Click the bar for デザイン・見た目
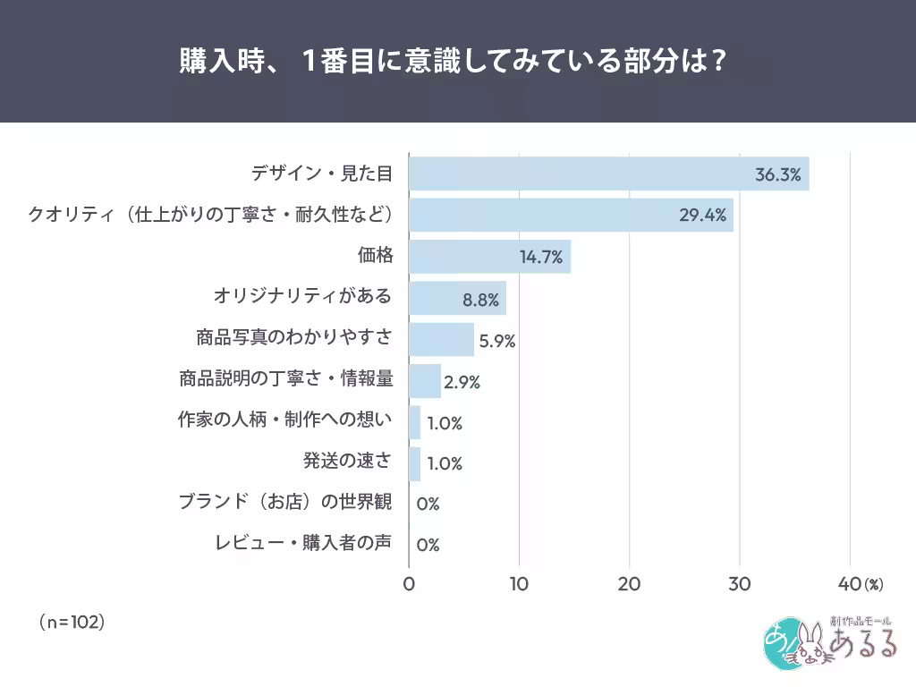[x=608, y=174]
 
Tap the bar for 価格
[x=489, y=257]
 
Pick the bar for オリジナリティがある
[x=457, y=299]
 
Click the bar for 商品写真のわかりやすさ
[x=441, y=340]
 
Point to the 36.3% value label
[x=777, y=174]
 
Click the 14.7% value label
[x=540, y=258]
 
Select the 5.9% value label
[x=497, y=341]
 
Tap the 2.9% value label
[x=462, y=382]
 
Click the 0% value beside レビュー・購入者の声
[x=428, y=545]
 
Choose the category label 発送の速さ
[x=347, y=462]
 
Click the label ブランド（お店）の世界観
[x=285, y=503]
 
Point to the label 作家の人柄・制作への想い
[x=285, y=420]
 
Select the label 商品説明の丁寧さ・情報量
[x=285, y=378]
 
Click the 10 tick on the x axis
[x=519, y=585]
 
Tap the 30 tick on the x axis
[x=740, y=585]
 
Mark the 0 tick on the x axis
[x=409, y=585]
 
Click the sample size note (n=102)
[x=72, y=621]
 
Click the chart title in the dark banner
[x=452, y=63]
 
